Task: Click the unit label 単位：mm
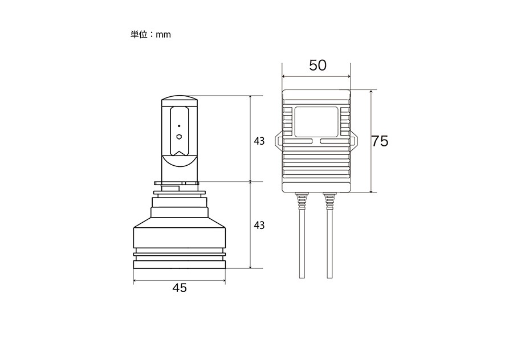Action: (150, 34)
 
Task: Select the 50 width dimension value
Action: (317, 66)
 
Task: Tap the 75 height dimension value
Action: (380, 141)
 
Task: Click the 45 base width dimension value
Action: (180, 288)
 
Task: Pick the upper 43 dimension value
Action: (259, 141)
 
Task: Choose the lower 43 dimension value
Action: (259, 226)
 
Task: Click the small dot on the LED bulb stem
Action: (179, 126)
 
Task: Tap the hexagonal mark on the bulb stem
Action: (179, 136)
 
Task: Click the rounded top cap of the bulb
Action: (180, 98)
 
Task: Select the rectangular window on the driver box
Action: (316, 122)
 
